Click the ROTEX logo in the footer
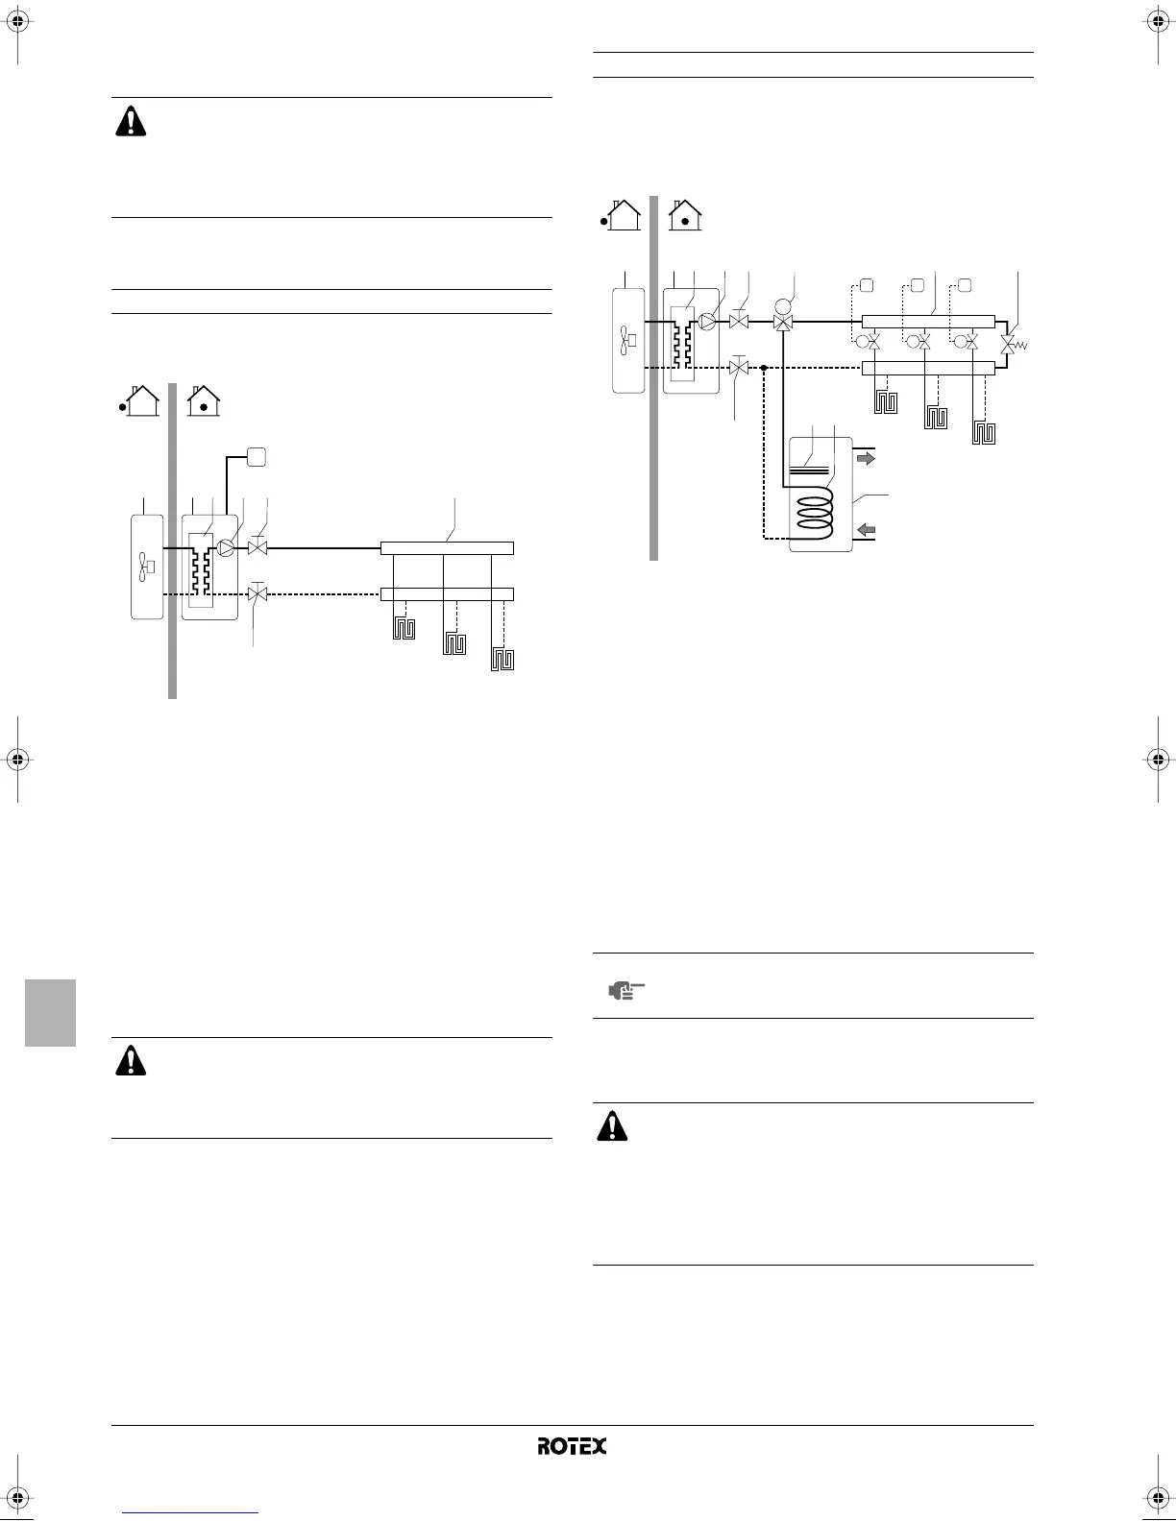click(572, 1446)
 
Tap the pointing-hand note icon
click(625, 989)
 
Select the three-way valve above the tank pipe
click(783, 322)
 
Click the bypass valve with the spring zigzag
click(1009, 344)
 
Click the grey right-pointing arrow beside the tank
click(866, 459)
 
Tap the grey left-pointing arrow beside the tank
click(866, 529)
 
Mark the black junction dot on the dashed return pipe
click(763, 367)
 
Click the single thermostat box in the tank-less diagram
click(256, 457)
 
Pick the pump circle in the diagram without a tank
click(226, 548)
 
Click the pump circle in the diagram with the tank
click(708, 322)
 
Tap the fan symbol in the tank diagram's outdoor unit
click(628, 337)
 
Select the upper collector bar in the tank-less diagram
click(447, 548)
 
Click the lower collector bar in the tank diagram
click(928, 367)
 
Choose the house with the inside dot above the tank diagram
click(684, 214)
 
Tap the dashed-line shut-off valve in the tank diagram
click(739, 367)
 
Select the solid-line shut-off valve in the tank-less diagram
click(257, 548)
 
